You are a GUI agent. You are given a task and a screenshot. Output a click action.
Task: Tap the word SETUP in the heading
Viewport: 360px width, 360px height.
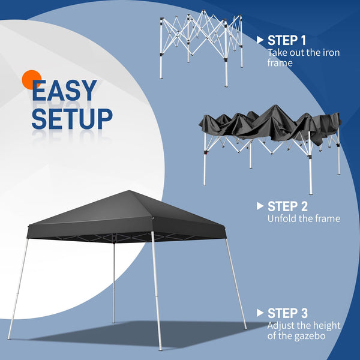(x=72, y=118)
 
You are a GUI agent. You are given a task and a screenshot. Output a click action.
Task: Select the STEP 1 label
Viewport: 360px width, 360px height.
(x=287, y=41)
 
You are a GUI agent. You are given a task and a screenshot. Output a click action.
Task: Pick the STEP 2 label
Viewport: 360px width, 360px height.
(x=289, y=206)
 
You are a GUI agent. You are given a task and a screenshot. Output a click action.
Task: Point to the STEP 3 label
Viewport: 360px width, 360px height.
(x=288, y=313)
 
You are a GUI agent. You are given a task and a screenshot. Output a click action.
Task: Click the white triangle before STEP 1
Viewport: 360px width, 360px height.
(x=260, y=40)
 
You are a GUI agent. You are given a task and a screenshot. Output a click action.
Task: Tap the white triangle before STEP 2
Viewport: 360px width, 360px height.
(x=260, y=206)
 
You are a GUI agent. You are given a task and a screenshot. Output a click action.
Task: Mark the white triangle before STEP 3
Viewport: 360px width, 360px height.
(x=260, y=313)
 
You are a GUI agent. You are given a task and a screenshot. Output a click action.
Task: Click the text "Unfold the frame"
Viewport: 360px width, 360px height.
(x=304, y=219)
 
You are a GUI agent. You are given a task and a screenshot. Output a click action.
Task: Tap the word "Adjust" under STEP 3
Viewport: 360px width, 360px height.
(x=282, y=326)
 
